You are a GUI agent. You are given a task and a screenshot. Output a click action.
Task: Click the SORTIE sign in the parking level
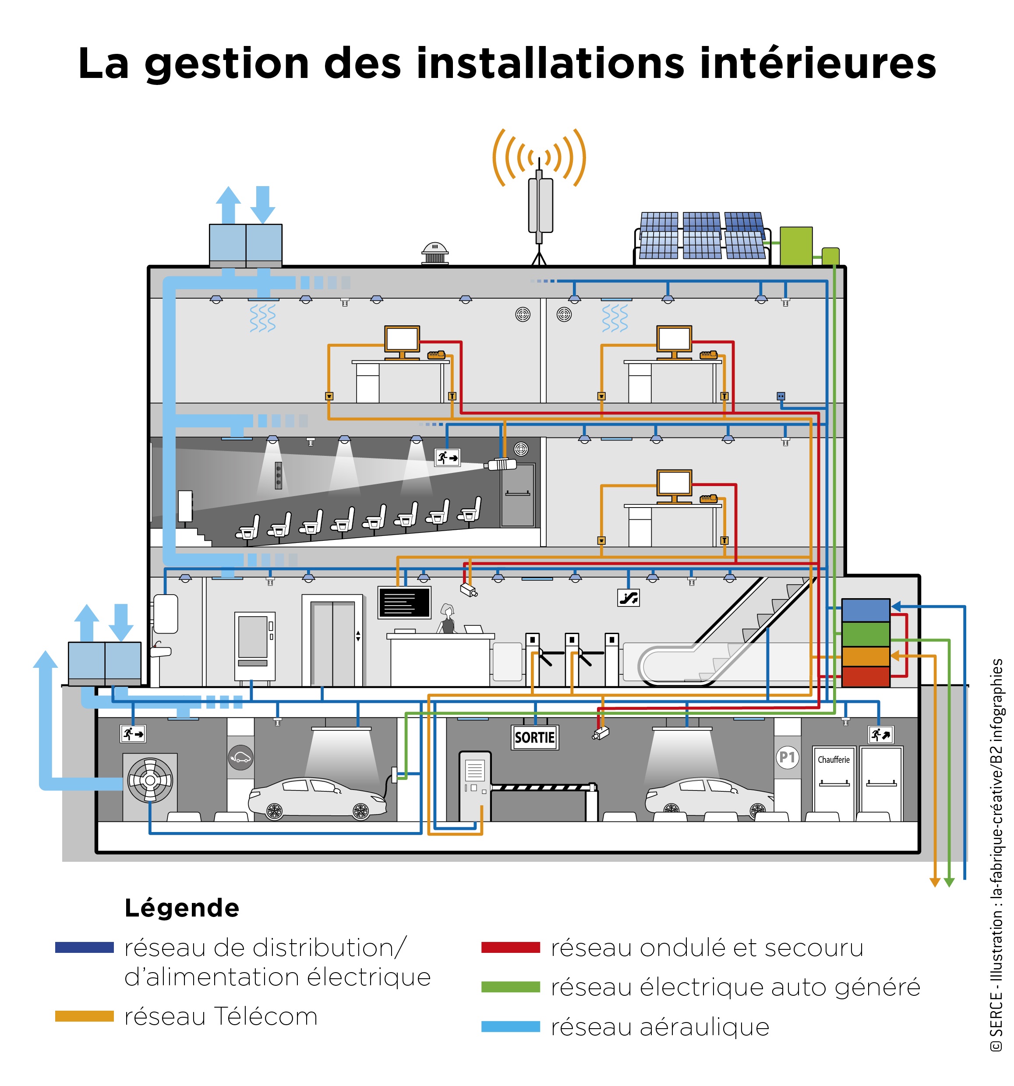(534, 737)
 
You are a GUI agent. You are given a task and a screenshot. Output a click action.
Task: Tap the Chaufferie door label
(833, 759)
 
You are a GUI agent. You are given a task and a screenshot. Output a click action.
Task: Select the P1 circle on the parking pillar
(787, 757)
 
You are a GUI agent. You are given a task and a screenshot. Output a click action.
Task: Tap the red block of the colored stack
(866, 676)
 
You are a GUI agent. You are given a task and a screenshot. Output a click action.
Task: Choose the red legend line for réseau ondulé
(510, 948)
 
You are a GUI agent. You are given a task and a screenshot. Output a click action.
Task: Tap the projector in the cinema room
(501, 465)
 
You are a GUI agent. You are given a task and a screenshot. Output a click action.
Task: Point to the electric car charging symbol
(240, 758)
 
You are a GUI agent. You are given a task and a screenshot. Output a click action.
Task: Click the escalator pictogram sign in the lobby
(628, 598)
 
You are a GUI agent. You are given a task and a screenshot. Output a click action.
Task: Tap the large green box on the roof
(795, 246)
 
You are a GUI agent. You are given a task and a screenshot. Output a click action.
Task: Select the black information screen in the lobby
(404, 603)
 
